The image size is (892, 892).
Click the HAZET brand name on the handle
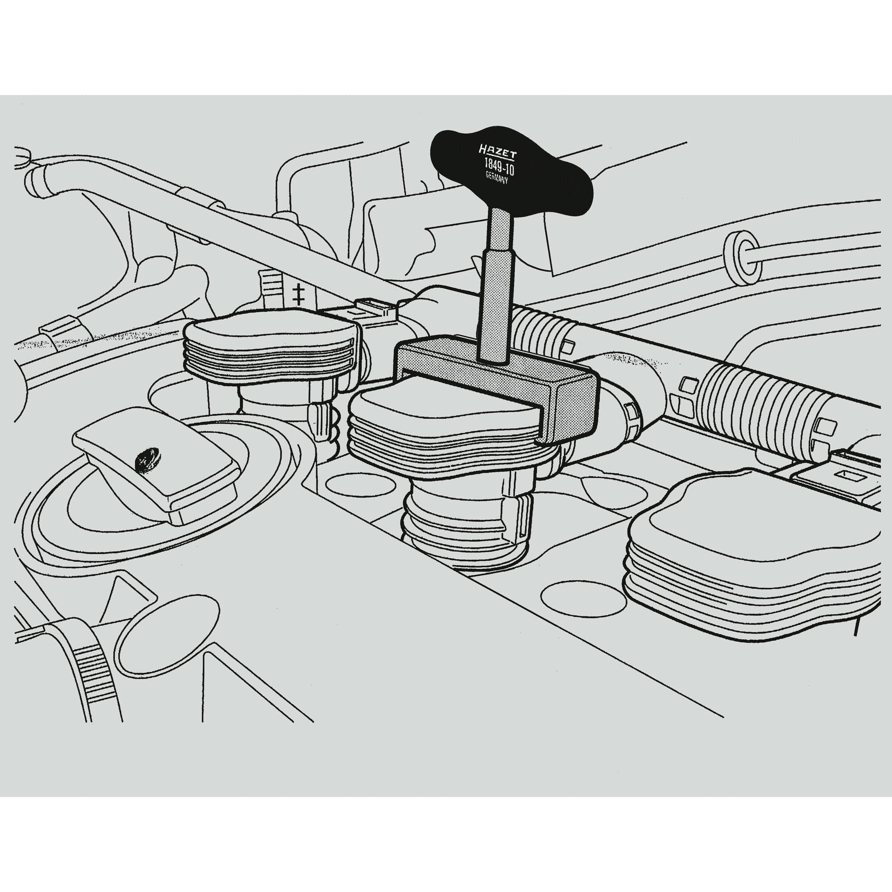[x=498, y=152]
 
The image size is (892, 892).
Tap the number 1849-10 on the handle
[x=499, y=165]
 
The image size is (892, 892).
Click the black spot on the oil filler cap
[x=146, y=460]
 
